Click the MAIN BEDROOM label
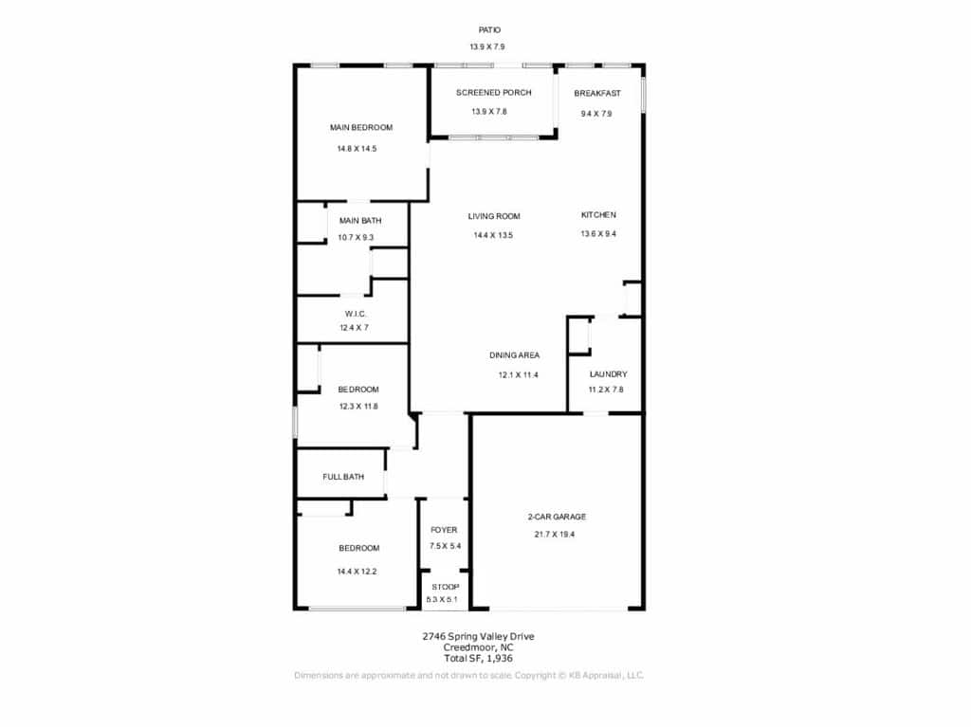click(x=361, y=128)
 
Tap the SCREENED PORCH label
click(x=493, y=93)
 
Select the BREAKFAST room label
click(x=597, y=94)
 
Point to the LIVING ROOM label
click(x=493, y=216)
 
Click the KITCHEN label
click(x=598, y=215)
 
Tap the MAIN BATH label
click(x=359, y=221)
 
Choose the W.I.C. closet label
click(x=355, y=314)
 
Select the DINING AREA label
click(x=514, y=355)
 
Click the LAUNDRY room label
click(x=608, y=374)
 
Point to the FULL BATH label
click(x=343, y=477)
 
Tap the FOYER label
click(x=444, y=530)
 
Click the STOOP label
click(x=446, y=587)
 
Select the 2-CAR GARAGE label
click(x=556, y=517)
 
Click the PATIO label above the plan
click(x=489, y=29)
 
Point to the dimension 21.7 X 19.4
click(x=554, y=535)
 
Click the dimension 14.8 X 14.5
click(x=357, y=149)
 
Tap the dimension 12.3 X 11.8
click(x=357, y=407)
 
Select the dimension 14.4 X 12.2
click(x=357, y=572)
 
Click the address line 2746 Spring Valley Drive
click(x=478, y=636)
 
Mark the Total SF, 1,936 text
click(x=478, y=658)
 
